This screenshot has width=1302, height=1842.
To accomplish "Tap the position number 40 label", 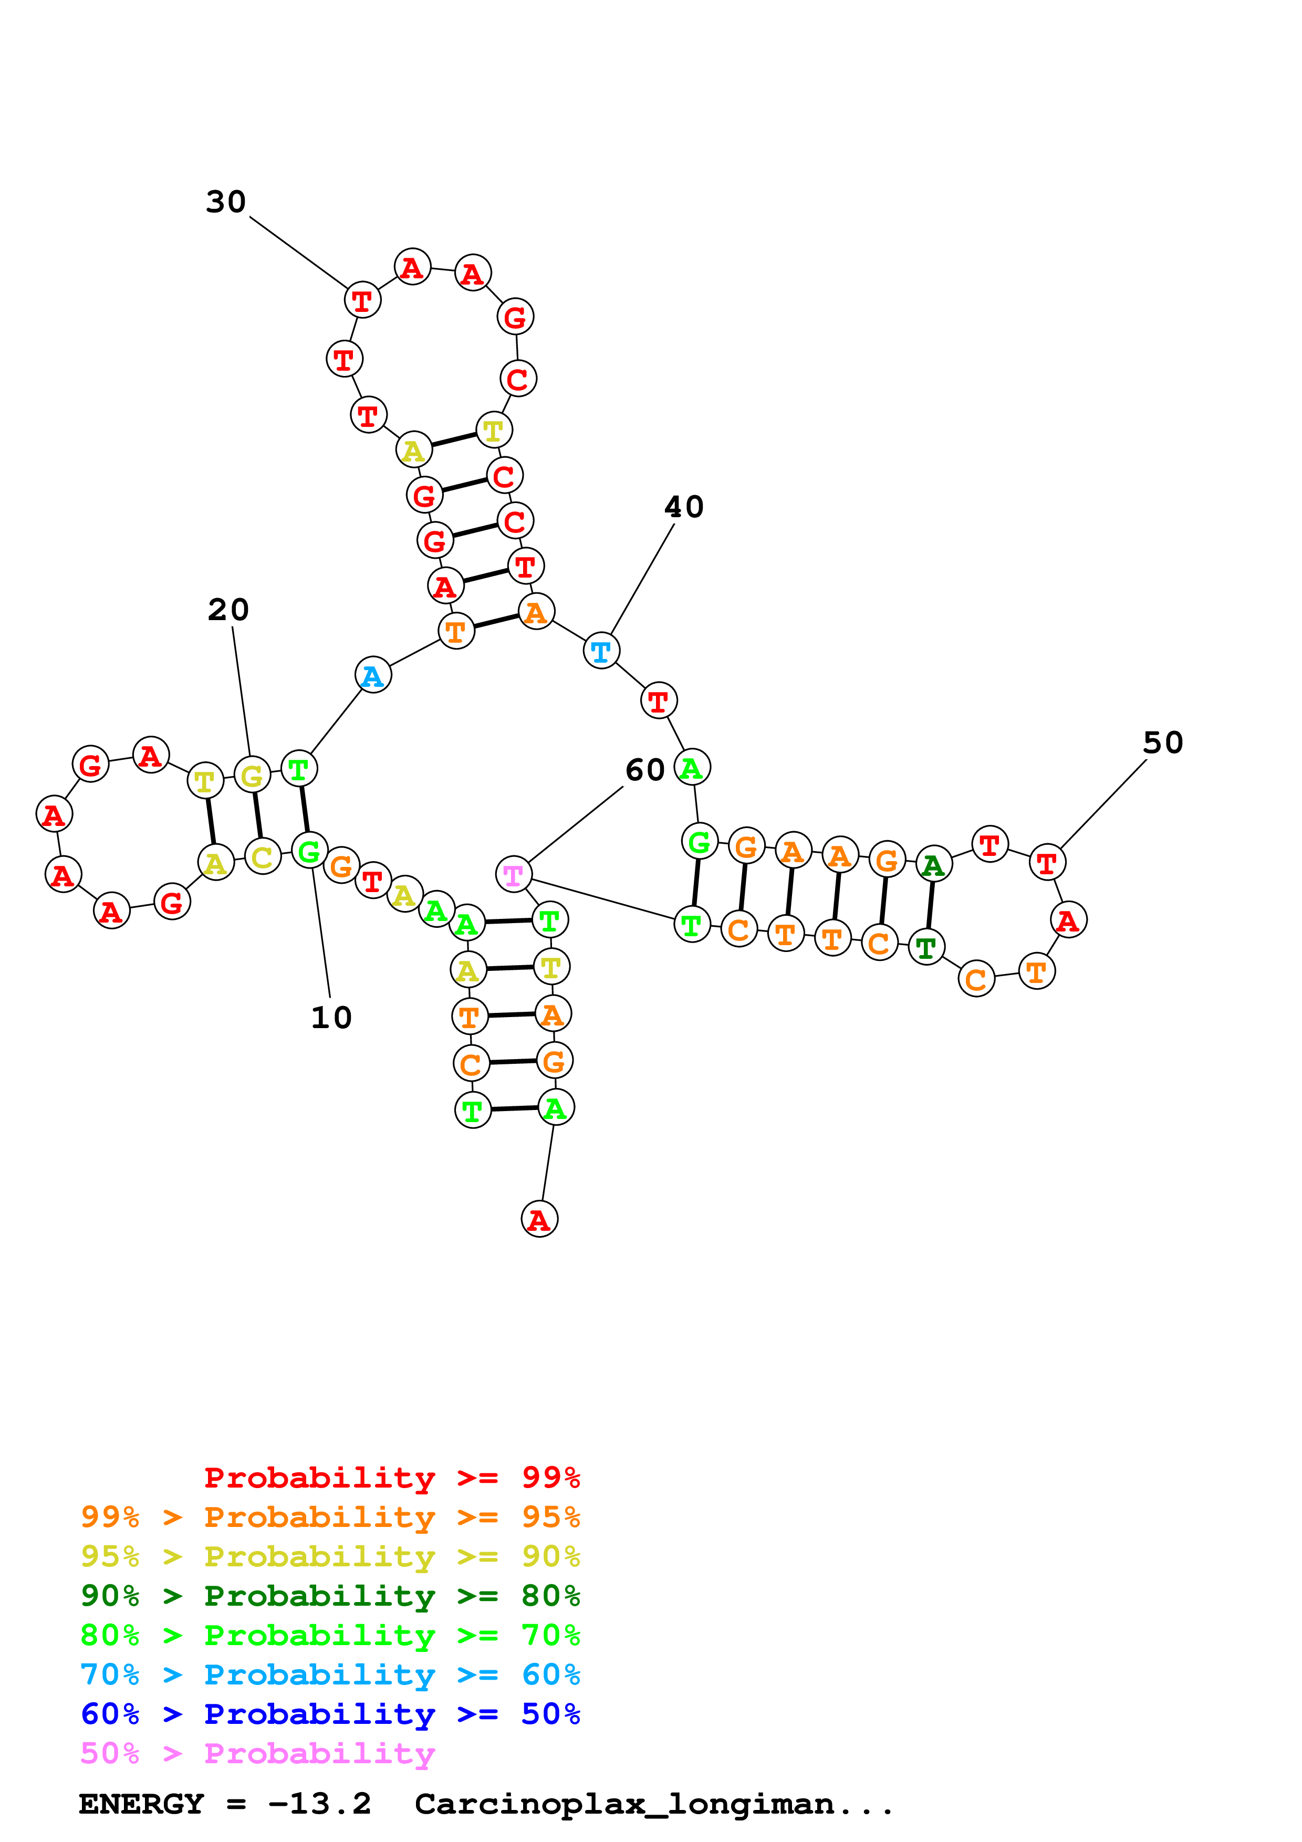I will click(x=683, y=507).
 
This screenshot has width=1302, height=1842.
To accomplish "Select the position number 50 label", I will click(x=1162, y=743).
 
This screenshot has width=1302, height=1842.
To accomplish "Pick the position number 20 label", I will click(x=228, y=610).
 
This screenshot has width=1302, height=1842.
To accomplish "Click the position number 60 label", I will click(x=645, y=770).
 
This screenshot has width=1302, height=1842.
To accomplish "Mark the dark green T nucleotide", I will click(x=926, y=947).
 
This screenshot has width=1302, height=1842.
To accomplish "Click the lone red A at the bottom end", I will click(x=539, y=1219).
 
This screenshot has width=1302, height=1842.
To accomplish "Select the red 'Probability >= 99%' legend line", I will click(x=391, y=1477).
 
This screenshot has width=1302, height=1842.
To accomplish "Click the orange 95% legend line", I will click(x=330, y=1517).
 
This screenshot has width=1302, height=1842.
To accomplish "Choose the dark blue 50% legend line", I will click(x=330, y=1714).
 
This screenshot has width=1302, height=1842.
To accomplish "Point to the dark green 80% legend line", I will click(x=330, y=1596).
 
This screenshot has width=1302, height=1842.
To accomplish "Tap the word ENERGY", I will click(x=141, y=1804).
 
